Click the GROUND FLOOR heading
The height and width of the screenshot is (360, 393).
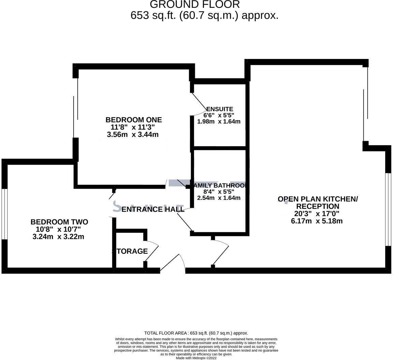tap(195, 5)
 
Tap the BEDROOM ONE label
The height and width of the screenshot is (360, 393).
tap(133, 120)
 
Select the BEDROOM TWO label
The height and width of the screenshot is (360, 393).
tap(59, 222)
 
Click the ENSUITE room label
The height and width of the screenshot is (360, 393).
tap(220, 109)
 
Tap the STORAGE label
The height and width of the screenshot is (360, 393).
tap(130, 251)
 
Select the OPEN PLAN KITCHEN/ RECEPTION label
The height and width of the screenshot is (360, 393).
tap(318, 202)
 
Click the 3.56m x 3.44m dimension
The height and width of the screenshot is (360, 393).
tap(133, 134)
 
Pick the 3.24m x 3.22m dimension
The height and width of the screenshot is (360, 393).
tap(58, 237)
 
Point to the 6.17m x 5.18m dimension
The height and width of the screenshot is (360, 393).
tap(317, 221)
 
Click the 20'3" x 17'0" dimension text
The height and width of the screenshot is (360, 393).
tap(317, 214)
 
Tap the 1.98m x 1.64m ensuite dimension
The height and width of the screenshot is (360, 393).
tap(219, 121)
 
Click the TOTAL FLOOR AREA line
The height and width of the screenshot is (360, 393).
tap(196, 333)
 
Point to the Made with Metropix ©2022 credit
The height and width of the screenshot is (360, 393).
tap(196, 358)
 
